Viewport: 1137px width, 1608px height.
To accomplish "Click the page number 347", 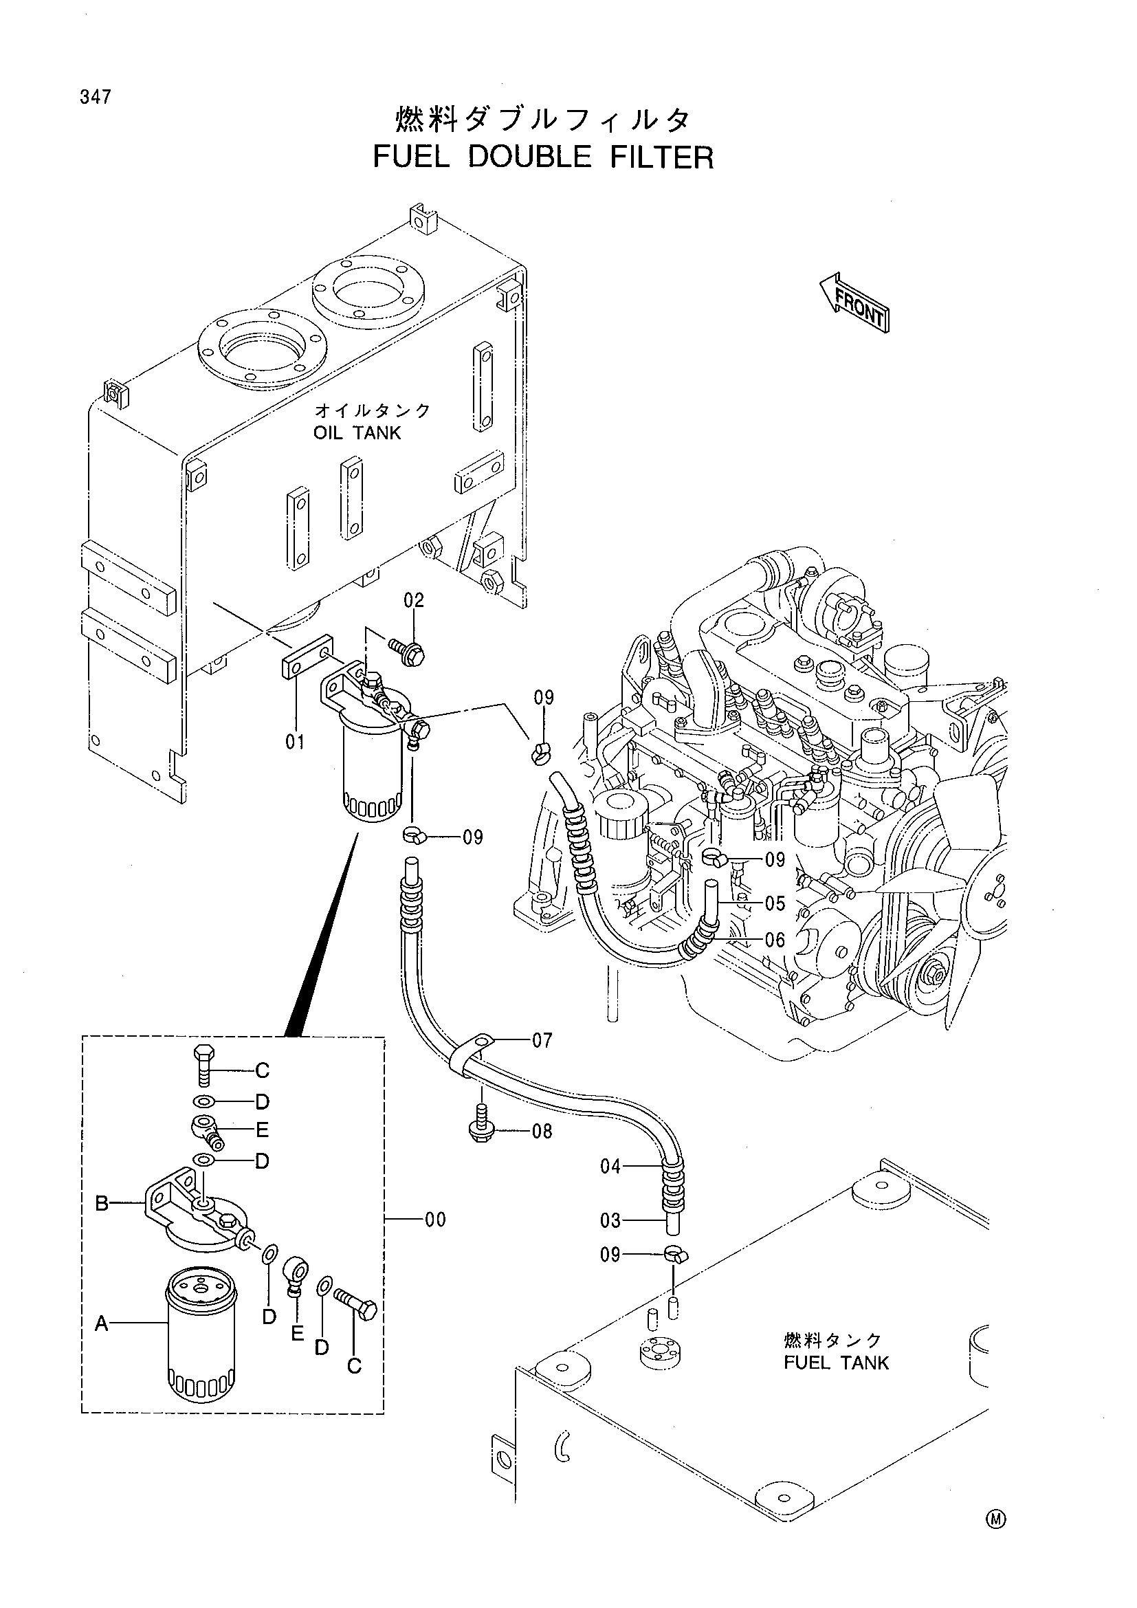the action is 96,98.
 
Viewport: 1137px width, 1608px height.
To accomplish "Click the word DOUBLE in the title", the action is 529,157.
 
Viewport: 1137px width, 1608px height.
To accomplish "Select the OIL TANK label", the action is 357,433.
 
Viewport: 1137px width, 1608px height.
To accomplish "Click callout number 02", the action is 414,600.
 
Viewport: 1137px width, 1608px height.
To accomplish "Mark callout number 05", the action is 775,903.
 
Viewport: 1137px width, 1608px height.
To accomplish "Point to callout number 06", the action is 775,940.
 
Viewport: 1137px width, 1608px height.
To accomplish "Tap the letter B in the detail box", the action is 102,1203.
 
